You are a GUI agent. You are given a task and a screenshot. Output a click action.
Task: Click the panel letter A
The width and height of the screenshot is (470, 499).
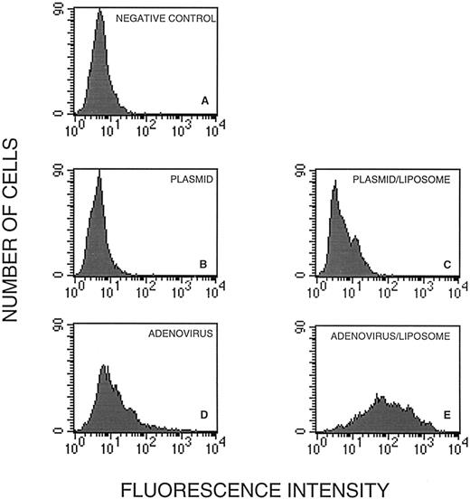205,101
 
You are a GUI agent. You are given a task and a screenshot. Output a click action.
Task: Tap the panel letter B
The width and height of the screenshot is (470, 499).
205,263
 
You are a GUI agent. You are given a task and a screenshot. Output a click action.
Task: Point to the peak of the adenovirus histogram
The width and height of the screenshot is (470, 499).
105,366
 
